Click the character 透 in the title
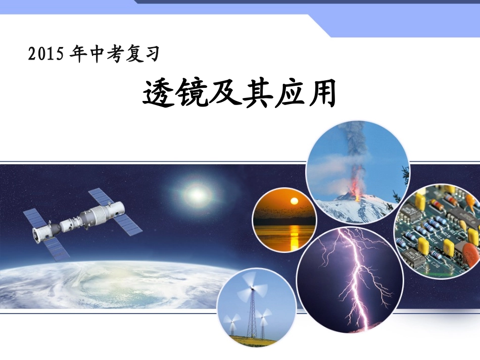(x=158, y=94)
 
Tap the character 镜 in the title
(x=191, y=94)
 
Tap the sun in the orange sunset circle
(x=293, y=202)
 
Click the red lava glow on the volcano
(x=357, y=191)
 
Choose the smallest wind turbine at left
(x=233, y=323)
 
